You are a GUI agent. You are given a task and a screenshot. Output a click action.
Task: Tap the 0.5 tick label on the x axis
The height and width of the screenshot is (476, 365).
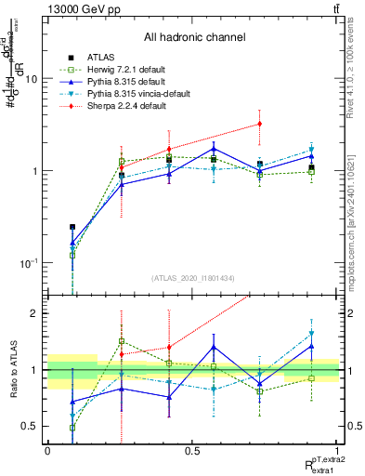[x=192, y=450]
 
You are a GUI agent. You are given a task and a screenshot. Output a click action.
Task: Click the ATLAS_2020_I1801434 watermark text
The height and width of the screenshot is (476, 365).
[x=193, y=278]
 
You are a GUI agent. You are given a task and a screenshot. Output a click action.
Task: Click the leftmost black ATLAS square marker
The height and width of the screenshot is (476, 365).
[x=72, y=226]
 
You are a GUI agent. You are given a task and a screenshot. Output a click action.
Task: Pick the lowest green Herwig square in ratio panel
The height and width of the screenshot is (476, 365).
[x=72, y=428]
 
